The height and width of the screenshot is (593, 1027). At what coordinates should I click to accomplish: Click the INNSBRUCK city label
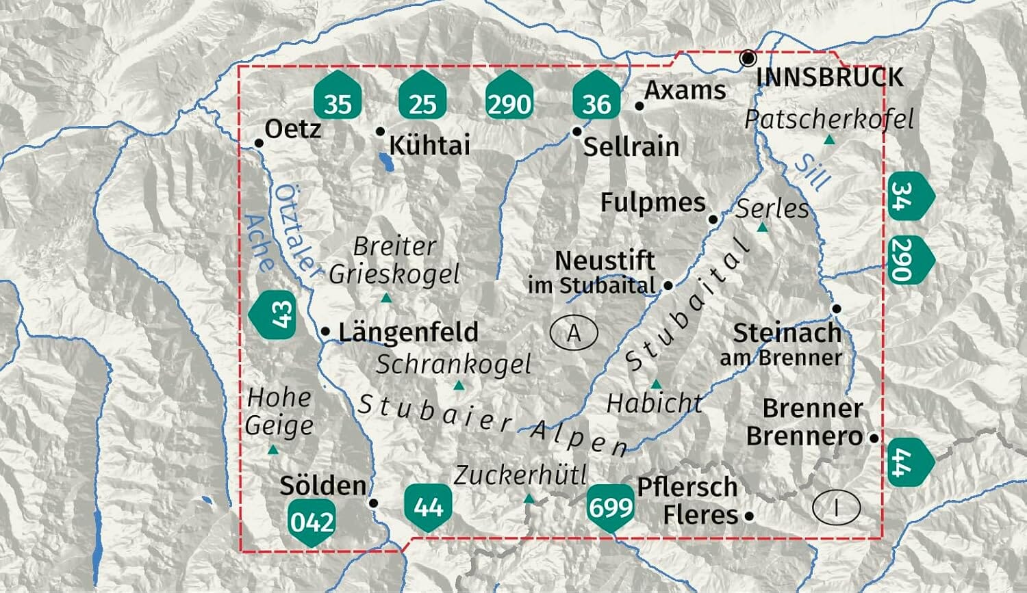(x=829, y=77)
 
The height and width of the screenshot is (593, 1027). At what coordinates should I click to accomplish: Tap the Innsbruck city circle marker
(x=748, y=58)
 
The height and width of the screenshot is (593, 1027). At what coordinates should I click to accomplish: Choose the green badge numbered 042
(x=312, y=521)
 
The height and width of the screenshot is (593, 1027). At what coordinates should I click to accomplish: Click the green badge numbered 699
(x=610, y=508)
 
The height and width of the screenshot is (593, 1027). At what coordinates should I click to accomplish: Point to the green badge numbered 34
(x=909, y=196)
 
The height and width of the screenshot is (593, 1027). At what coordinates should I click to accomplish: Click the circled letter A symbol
(x=574, y=332)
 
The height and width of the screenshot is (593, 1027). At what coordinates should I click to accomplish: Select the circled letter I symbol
(x=836, y=508)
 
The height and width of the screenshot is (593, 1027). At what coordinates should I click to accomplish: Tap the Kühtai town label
(x=429, y=145)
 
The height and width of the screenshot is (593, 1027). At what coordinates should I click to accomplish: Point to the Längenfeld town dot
(x=326, y=332)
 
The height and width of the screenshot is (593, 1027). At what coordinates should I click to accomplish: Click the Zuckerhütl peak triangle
(x=529, y=499)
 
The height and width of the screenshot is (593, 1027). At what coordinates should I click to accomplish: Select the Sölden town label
(x=322, y=486)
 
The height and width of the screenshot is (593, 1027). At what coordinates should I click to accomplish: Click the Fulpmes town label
(x=652, y=202)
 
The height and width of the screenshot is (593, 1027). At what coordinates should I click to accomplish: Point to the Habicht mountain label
(x=654, y=404)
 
